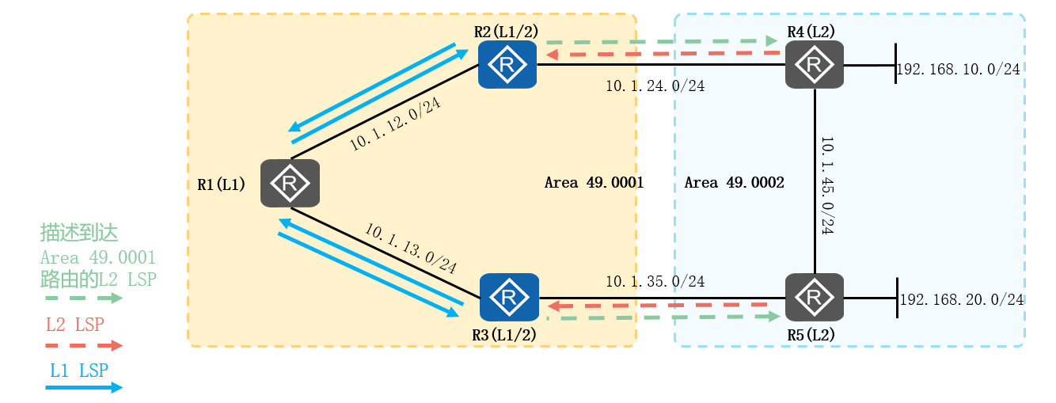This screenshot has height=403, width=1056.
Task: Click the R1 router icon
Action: pyautogui.click(x=290, y=184)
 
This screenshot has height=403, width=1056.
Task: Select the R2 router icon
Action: pyautogui.click(x=507, y=64)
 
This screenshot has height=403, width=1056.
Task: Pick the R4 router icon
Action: pyautogui.click(x=814, y=64)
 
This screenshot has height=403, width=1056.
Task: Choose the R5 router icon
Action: pyautogui.click(x=814, y=298)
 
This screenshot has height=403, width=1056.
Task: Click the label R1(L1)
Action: pyautogui.click(x=221, y=184)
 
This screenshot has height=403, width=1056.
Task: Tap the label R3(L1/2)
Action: pyautogui.click(x=504, y=335)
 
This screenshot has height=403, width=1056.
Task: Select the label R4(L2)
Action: pyautogui.click(x=811, y=31)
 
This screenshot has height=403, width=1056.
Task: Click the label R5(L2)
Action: pyautogui.click(x=811, y=335)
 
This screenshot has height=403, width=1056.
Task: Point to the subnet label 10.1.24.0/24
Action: pyautogui.click(x=655, y=86)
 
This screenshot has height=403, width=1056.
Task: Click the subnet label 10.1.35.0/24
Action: pyautogui.click(x=655, y=281)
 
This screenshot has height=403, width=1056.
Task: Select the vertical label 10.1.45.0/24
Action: pyautogui.click(x=828, y=187)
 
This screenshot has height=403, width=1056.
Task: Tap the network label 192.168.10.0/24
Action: pyautogui.click(x=958, y=70)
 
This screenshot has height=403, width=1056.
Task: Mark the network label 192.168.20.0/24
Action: pyautogui.click(x=963, y=299)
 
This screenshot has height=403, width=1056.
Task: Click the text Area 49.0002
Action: pyautogui.click(x=734, y=183)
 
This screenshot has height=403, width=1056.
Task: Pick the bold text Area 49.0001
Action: pyautogui.click(x=594, y=183)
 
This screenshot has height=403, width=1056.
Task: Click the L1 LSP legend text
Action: pyautogui.click(x=78, y=370)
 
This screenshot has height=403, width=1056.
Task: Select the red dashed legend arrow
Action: pyautogui.click(x=83, y=345)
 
